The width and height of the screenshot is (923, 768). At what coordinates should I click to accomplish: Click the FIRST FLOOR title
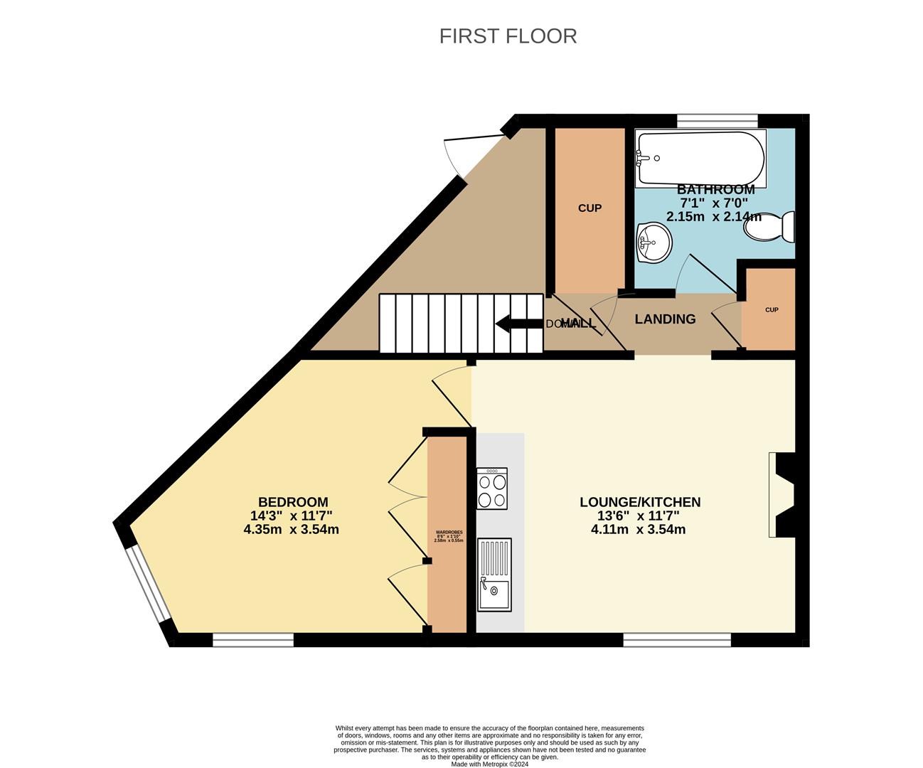click(x=508, y=36)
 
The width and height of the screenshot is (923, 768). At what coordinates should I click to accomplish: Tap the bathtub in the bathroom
click(x=700, y=158)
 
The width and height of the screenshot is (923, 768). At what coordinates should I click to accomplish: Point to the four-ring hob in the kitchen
click(x=492, y=489)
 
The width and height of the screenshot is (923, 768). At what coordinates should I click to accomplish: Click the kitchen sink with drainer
click(x=494, y=575)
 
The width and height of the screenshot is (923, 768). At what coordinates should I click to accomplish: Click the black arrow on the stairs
click(x=518, y=324)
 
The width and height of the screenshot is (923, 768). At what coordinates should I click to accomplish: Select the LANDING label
click(x=665, y=319)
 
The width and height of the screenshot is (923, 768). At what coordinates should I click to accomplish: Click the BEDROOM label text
click(x=293, y=502)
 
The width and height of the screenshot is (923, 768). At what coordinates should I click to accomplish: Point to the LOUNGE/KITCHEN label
click(x=640, y=502)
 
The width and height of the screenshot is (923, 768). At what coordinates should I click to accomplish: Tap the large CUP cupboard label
click(x=589, y=208)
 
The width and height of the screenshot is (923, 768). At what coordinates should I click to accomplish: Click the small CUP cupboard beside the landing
click(x=771, y=310)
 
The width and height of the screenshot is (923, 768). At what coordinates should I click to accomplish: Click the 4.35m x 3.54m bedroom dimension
click(x=291, y=529)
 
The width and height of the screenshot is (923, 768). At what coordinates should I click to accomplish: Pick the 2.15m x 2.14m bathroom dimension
click(x=713, y=216)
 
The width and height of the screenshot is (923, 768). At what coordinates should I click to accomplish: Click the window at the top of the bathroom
click(x=717, y=121)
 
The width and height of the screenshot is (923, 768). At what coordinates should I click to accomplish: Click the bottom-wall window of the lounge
click(x=676, y=640)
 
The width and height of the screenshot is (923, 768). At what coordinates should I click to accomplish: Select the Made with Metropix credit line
click(x=490, y=764)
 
